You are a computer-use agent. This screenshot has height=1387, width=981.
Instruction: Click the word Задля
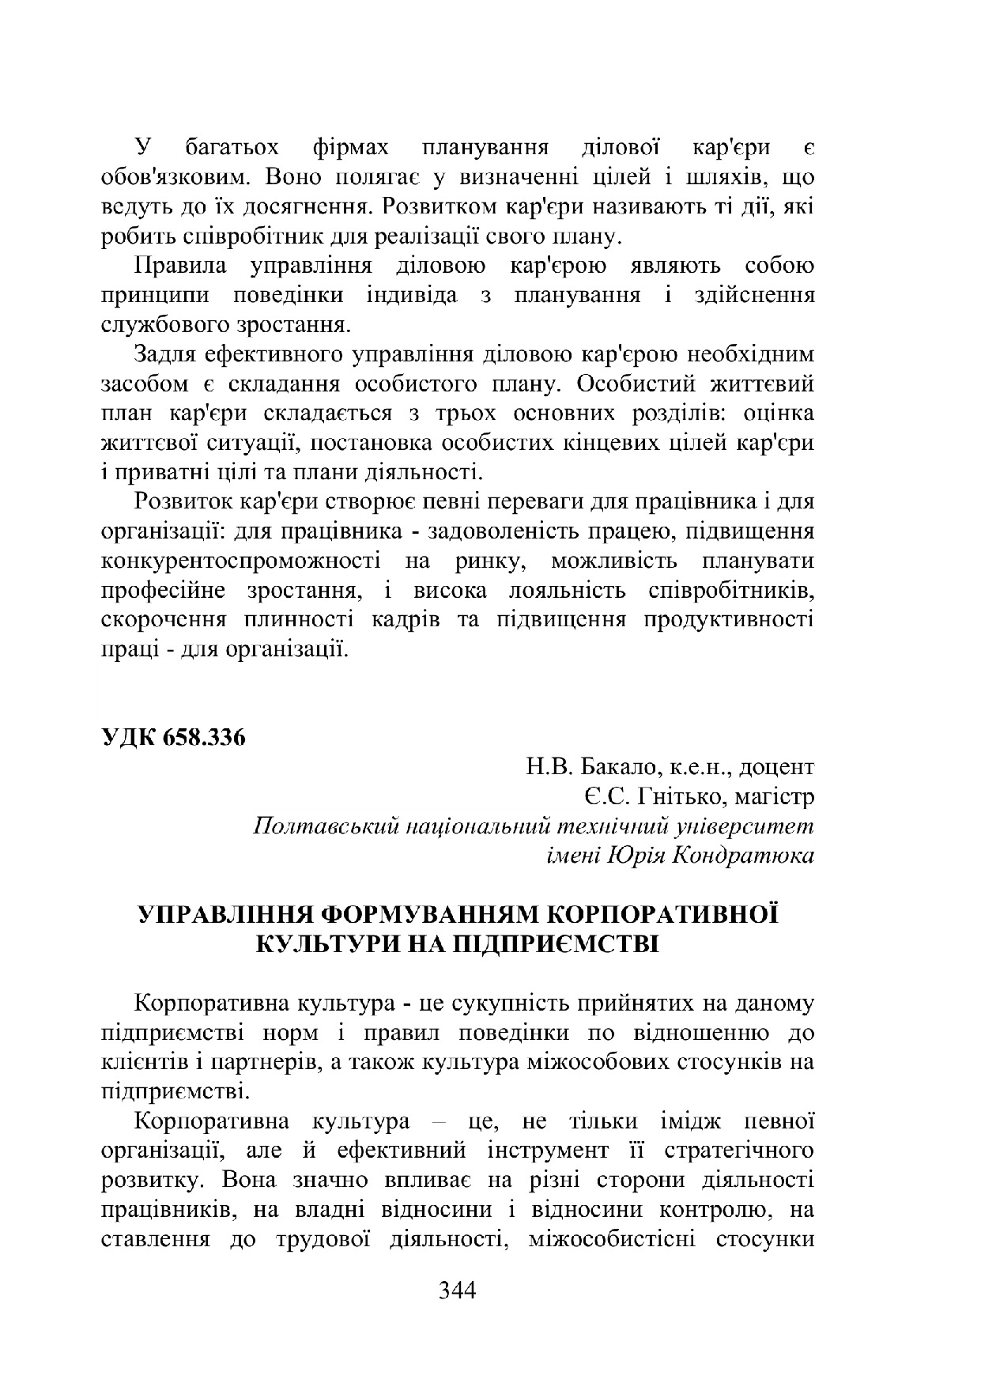coord(167,354)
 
